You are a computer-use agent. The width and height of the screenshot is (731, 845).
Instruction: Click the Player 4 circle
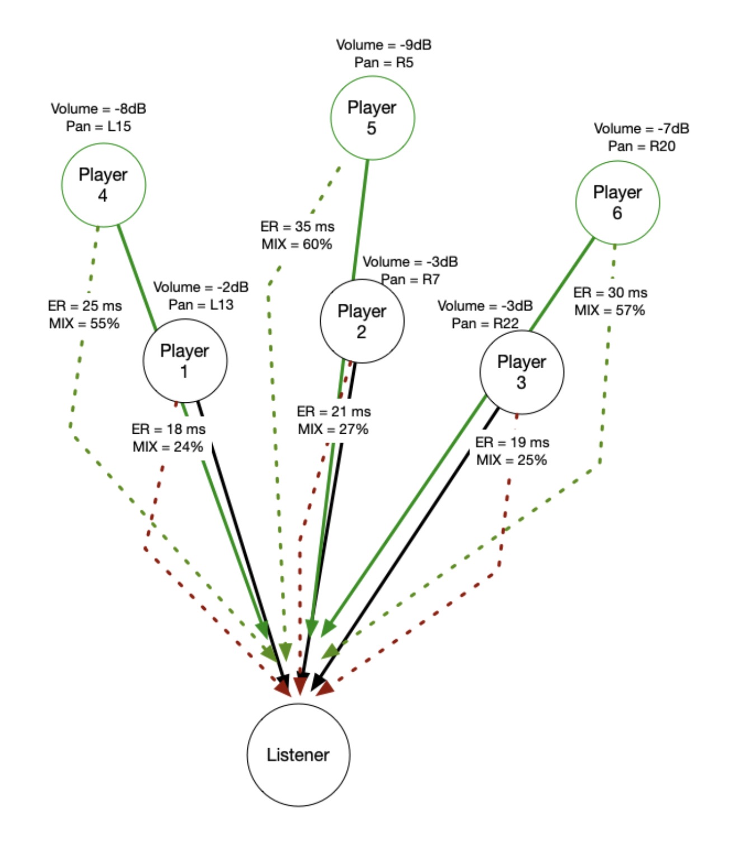103,185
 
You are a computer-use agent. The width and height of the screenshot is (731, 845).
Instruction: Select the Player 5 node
372,118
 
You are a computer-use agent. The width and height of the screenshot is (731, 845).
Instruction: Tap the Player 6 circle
617,203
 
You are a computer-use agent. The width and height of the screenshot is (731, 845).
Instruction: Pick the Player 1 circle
185,360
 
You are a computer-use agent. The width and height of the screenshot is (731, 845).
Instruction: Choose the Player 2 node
362,321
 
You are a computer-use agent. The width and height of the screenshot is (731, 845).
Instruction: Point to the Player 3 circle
521,372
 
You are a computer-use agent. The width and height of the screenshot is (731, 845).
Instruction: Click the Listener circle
298,754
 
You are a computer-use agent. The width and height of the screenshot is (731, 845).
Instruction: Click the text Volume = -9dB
383,45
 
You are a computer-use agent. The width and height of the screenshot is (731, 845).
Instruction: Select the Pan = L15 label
99,126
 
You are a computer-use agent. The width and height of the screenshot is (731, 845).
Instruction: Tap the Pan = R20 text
641,146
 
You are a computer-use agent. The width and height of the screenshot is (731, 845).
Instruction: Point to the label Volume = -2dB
201,287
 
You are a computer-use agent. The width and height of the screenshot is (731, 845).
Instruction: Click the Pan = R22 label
485,323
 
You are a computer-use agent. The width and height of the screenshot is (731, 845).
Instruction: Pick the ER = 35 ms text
297,227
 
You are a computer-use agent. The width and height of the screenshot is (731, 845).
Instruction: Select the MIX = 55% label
84,323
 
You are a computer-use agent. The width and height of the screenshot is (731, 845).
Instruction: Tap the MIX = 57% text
610,310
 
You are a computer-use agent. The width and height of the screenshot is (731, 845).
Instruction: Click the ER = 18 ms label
168,429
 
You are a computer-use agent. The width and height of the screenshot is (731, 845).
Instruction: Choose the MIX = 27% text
333,429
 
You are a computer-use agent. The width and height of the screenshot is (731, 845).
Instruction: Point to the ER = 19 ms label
512,443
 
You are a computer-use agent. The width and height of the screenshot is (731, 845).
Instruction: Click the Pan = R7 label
410,279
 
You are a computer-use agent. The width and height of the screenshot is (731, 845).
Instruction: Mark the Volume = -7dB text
641,129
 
